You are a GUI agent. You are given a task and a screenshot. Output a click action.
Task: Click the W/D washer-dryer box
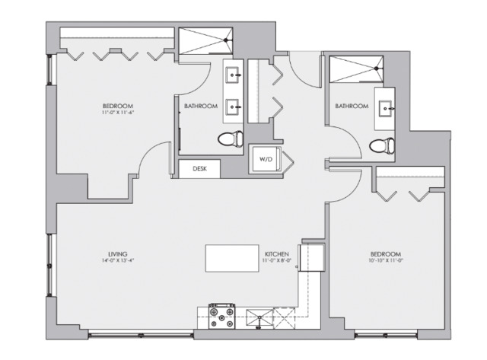[x=266, y=160]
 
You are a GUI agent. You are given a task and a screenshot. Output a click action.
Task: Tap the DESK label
[x=199, y=168]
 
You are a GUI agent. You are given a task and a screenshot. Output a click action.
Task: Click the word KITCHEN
[x=275, y=253]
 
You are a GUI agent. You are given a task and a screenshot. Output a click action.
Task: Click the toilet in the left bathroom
[x=229, y=139]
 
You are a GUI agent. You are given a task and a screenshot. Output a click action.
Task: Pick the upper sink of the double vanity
[x=234, y=75]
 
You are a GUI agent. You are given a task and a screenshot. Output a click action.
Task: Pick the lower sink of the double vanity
[x=234, y=108]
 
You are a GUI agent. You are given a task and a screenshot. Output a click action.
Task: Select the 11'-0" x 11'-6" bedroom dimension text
[x=118, y=113]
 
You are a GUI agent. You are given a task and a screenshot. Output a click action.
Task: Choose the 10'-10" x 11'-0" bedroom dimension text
[x=386, y=261]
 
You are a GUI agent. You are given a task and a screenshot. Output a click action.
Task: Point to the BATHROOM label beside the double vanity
[x=201, y=106]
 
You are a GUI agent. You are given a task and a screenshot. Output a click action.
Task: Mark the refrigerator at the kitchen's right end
[x=312, y=257]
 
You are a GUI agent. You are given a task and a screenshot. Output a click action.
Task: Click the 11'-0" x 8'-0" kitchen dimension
[x=275, y=261]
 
